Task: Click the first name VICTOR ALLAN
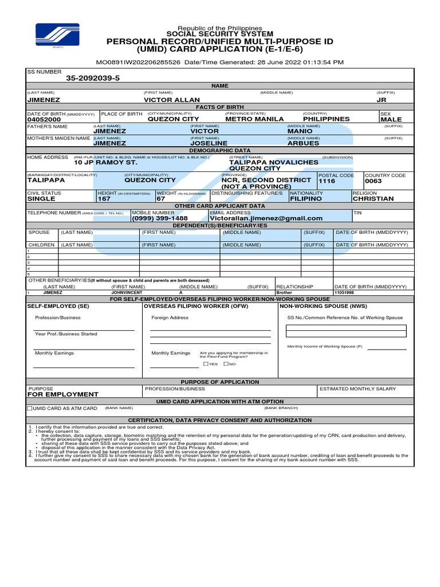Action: coord(172,100)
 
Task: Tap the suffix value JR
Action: coord(382,100)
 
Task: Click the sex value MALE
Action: coord(391,119)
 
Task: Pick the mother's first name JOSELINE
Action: coord(209,143)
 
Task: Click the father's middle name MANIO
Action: coord(300,131)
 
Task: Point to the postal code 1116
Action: coord(327,181)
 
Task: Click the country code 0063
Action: coord(374,181)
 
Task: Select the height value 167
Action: coord(104,199)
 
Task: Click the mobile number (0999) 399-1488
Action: coord(160,218)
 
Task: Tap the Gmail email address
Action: coord(266,218)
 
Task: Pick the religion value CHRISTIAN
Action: coord(373,199)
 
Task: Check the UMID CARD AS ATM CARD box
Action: coord(30,408)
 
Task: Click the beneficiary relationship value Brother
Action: coord(284,292)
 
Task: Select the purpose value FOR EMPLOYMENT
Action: coord(63,394)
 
